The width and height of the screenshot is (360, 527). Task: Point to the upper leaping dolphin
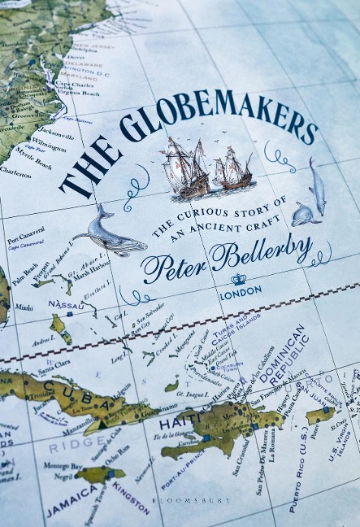317,187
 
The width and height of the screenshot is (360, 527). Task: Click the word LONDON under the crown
241,290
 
